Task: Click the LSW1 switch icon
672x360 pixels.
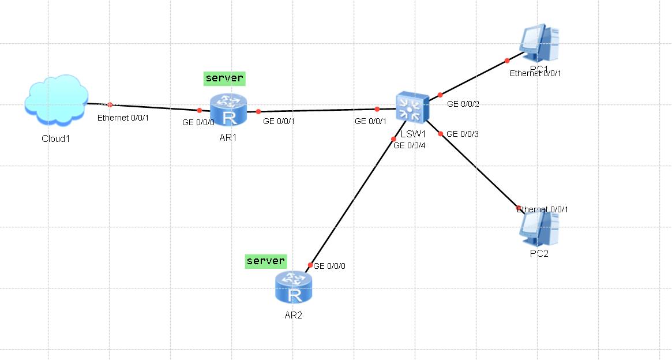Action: [x=411, y=107]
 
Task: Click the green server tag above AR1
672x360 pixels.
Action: [x=224, y=78]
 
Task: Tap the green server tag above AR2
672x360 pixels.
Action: [x=265, y=261]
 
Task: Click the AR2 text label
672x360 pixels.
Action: [x=293, y=316]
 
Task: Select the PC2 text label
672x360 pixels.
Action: [x=538, y=254]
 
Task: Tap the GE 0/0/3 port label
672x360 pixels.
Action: [x=463, y=134]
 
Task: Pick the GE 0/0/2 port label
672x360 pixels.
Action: [x=463, y=104]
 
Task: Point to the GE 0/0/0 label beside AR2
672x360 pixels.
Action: [x=329, y=266]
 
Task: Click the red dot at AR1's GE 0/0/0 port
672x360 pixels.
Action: [x=199, y=110]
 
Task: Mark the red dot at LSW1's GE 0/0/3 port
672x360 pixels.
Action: [x=441, y=134]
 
